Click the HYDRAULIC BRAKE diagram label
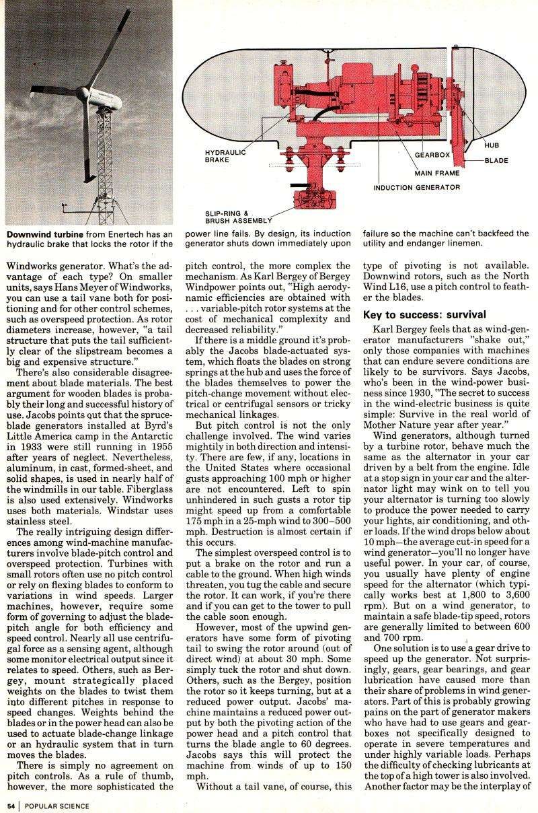pyautogui.click(x=225, y=157)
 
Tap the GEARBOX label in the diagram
pyautogui.click(x=431, y=154)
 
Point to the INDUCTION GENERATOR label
pyautogui.click(x=417, y=188)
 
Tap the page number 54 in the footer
pyautogui.click(x=11, y=804)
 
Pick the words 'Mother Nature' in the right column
pyautogui.click(x=393, y=425)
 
